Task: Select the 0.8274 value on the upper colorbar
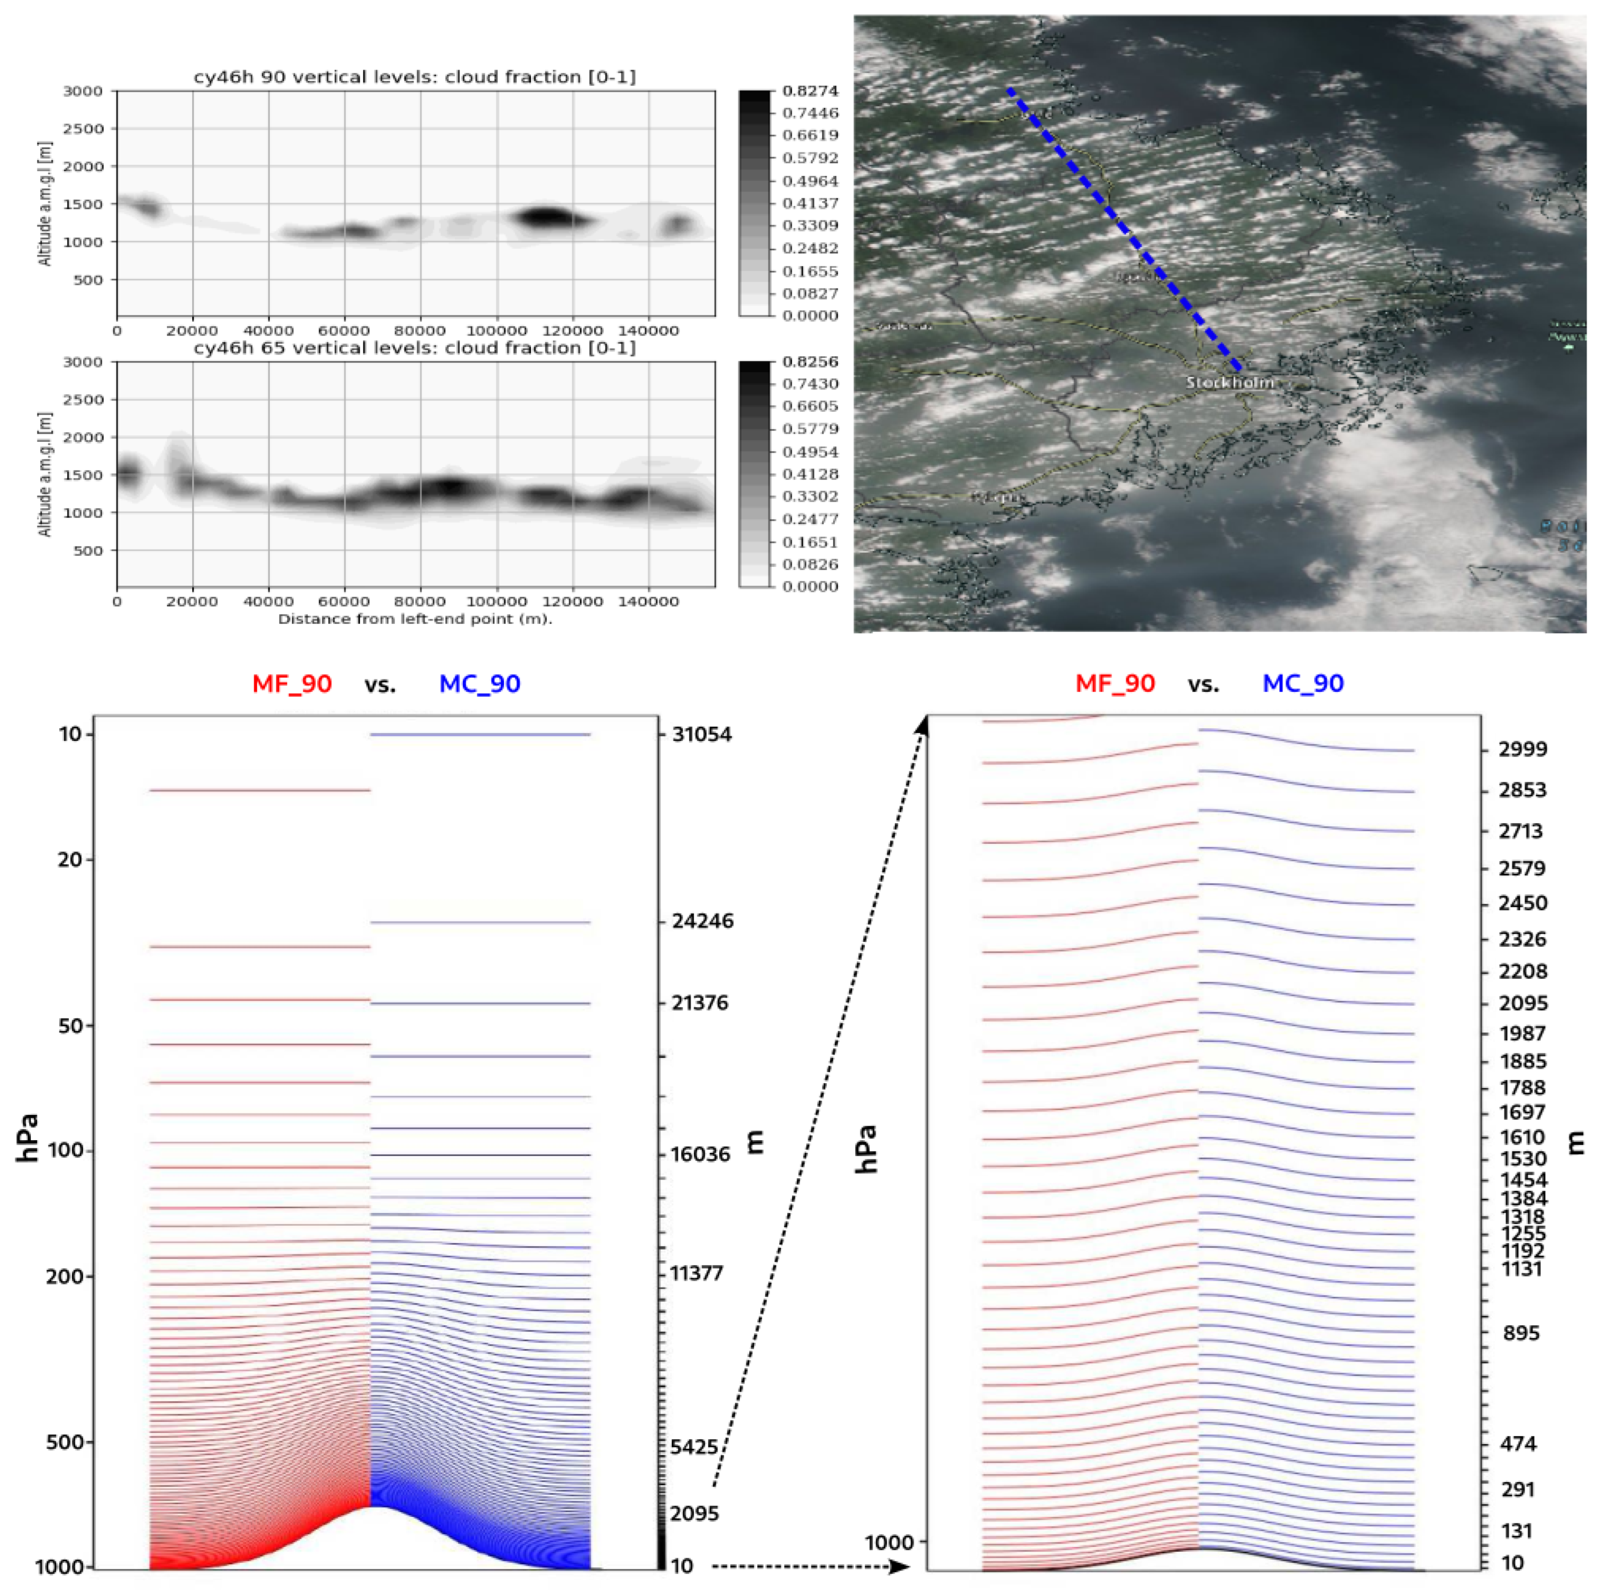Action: [810, 90]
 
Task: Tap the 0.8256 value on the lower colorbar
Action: [810, 362]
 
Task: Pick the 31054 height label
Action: [702, 734]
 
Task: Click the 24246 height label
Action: [703, 921]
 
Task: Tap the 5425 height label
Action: [695, 1447]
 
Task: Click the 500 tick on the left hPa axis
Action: [65, 1442]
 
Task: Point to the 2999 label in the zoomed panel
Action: [1523, 749]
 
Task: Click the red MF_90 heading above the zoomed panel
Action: [1115, 684]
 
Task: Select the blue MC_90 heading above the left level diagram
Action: [480, 684]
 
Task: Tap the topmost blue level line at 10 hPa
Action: [480, 734]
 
